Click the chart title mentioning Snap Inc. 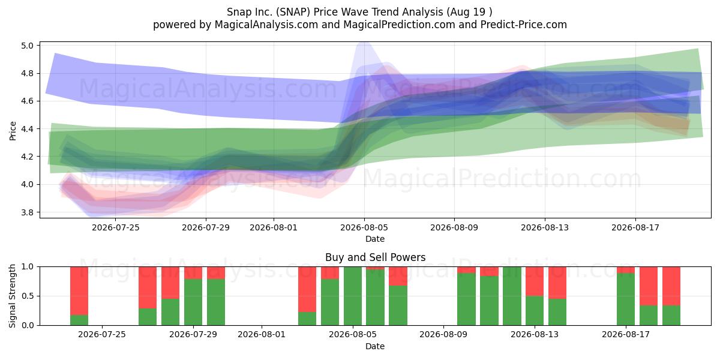tap(359, 12)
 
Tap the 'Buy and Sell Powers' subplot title tap(375, 257)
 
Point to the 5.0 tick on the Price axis tap(28, 46)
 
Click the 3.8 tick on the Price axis tap(28, 212)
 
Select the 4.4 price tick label tap(28, 129)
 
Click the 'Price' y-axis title tap(13, 131)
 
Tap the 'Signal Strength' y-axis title tap(12, 296)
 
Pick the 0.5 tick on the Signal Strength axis tap(28, 296)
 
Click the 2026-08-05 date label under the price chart tap(364, 227)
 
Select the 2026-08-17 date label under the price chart tap(635, 227)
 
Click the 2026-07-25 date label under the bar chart tap(102, 335)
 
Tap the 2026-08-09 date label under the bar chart tap(443, 335)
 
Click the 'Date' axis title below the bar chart tap(375, 346)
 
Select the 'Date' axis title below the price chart tap(375, 239)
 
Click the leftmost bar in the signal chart tap(79, 296)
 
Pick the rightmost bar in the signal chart tap(671, 296)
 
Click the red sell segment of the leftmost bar tap(79, 291)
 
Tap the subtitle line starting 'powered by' tap(359, 25)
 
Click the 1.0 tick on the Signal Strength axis tap(28, 267)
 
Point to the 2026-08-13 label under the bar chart tap(535, 335)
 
